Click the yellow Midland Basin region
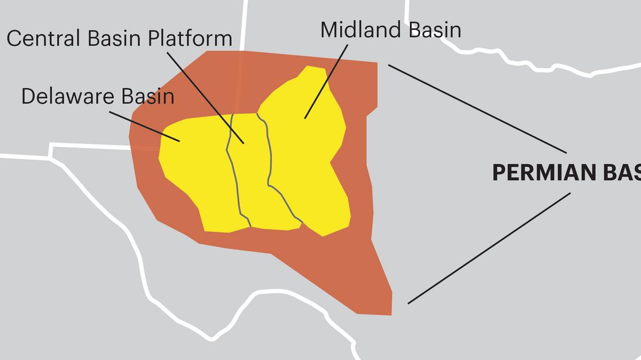[x=310, y=160]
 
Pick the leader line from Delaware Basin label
[x=144, y=126]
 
